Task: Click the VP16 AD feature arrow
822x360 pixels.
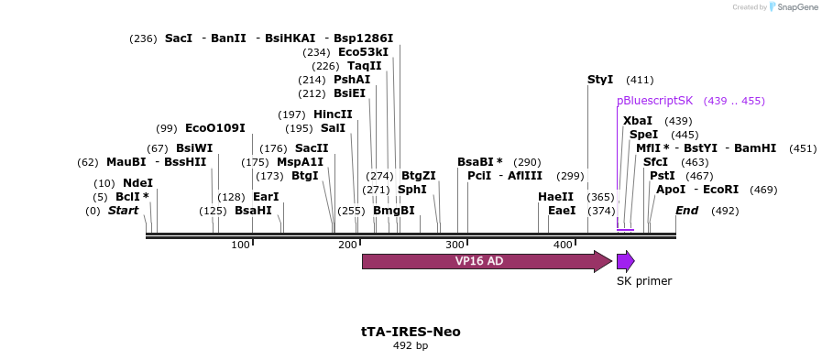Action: (x=486, y=261)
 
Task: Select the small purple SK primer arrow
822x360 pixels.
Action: (x=625, y=261)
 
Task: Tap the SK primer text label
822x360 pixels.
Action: (x=643, y=281)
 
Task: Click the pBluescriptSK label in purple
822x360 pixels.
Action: (x=654, y=101)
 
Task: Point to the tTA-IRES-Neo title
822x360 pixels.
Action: (x=411, y=332)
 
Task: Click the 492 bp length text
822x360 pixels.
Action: (x=411, y=346)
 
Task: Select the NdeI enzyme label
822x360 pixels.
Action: (x=137, y=183)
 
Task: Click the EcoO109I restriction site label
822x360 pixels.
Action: (x=214, y=128)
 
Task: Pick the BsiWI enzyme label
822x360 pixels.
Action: (x=194, y=148)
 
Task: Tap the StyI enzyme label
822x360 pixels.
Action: (x=600, y=80)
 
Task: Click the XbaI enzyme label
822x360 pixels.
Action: (x=637, y=121)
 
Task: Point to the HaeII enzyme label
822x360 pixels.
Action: (x=555, y=197)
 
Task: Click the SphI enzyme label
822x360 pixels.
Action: (x=412, y=190)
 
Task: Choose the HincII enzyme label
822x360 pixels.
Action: (x=333, y=115)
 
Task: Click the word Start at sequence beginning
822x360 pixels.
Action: (x=123, y=211)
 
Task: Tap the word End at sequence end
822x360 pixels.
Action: (x=687, y=211)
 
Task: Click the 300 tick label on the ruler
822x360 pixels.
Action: (x=455, y=245)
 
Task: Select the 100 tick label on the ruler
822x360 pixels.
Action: (x=240, y=245)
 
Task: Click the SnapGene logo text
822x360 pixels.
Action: (x=795, y=6)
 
